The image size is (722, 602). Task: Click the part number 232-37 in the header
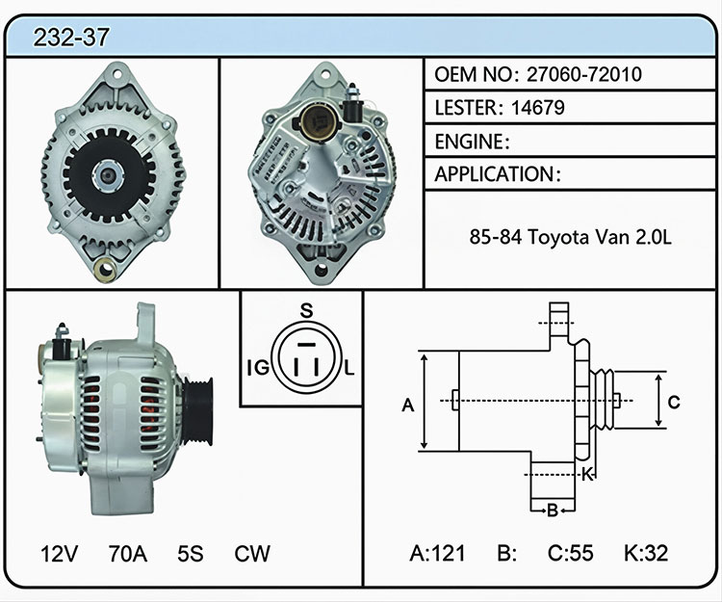71,38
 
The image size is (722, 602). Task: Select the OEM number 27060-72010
584,74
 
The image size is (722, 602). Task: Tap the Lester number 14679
538,108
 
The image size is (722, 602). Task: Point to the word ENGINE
469,142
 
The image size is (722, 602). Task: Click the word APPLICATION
495,174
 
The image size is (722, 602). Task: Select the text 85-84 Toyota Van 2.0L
571,237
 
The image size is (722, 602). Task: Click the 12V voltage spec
59,554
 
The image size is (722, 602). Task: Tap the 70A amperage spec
127,554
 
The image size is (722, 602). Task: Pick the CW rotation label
252,554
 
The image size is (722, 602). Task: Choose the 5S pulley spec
191,554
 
